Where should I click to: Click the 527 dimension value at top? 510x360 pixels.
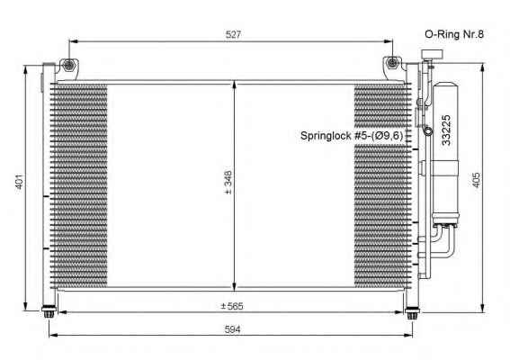pyautogui.click(x=233, y=34)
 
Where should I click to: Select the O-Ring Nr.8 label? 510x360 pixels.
pyautogui.click(x=454, y=34)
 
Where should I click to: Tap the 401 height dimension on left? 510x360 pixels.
pyautogui.click(x=19, y=182)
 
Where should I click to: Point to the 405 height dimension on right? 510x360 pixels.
pyautogui.click(x=476, y=180)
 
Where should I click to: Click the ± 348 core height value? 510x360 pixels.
pyautogui.click(x=228, y=183)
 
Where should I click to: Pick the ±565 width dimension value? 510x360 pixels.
pyautogui.click(x=232, y=306)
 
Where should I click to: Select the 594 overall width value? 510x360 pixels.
pyautogui.click(x=233, y=329)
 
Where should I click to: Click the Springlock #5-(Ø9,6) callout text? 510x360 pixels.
pyautogui.click(x=352, y=135)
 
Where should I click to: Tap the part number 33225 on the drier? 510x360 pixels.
pyautogui.click(x=446, y=130)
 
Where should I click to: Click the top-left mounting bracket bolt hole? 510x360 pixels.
pyautogui.click(x=68, y=65)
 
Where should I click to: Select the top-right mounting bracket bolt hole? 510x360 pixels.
pyautogui.click(x=392, y=62)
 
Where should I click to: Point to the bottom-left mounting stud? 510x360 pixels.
pyautogui.click(x=49, y=312)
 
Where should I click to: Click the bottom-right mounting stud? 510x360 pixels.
pyautogui.click(x=413, y=313)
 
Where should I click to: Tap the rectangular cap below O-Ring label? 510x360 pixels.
pyautogui.click(x=432, y=54)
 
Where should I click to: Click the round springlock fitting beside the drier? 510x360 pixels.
pyautogui.click(x=428, y=131)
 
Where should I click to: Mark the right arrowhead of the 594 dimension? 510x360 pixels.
pyautogui.click(x=408, y=335)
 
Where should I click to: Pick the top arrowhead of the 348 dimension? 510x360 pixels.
pyautogui.click(x=235, y=85)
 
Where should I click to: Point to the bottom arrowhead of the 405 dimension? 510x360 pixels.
pyautogui.click(x=484, y=308)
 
